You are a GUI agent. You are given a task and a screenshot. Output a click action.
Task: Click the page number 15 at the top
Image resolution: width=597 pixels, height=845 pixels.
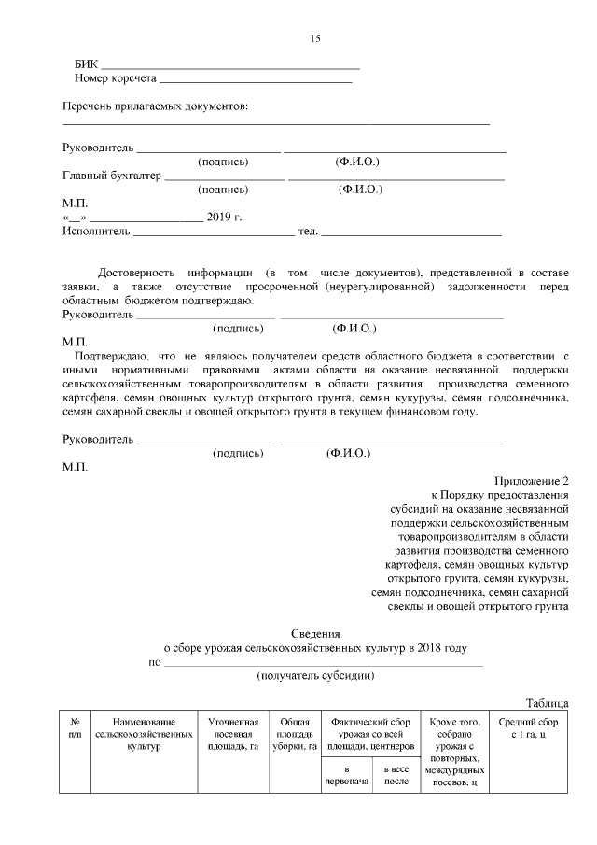tap(315, 38)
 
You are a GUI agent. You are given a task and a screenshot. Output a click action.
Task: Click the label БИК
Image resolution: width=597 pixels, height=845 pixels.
tap(85, 63)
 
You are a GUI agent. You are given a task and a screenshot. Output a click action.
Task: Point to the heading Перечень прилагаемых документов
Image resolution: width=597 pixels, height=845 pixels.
tap(156, 106)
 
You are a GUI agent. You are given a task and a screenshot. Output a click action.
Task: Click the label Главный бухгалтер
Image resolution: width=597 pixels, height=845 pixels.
tap(112, 175)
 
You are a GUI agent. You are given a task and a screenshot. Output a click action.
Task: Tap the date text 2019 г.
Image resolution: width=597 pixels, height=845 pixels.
tap(224, 217)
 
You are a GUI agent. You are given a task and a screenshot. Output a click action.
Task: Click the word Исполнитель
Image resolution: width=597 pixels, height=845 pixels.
tap(96, 231)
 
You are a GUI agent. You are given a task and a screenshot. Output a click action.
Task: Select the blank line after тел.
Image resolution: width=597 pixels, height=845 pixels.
tap(412, 231)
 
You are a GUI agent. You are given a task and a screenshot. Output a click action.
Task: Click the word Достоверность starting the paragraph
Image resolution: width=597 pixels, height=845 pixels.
tap(137, 272)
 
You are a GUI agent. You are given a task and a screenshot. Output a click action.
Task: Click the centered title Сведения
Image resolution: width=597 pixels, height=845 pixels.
tap(315, 633)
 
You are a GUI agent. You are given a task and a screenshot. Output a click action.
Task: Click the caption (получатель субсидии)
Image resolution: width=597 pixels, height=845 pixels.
tap(315, 675)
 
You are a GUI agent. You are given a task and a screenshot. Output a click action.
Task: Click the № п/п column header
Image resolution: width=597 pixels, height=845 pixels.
tap(75, 728)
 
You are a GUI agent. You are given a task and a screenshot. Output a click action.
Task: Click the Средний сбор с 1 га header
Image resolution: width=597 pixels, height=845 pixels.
tap(529, 728)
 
